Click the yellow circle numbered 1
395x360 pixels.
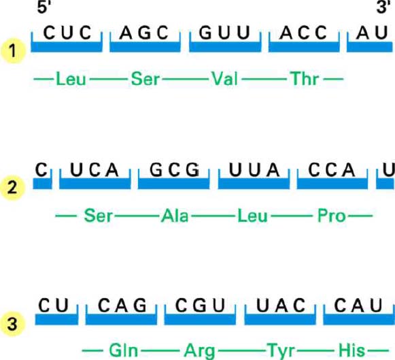[x=13, y=51]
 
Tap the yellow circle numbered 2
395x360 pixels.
[x=13, y=188]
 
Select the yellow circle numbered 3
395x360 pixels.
[x=13, y=324]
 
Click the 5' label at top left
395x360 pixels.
[x=44, y=7]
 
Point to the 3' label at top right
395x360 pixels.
[x=383, y=7]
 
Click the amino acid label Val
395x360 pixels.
[x=225, y=79]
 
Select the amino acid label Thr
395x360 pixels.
[x=305, y=79]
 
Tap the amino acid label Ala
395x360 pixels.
[x=175, y=216]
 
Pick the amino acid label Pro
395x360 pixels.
[x=332, y=216]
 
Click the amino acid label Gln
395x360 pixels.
[x=124, y=350]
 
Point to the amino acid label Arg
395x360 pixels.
[x=199, y=351]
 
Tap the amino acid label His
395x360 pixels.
[x=352, y=350]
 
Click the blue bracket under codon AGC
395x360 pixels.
[x=145, y=46]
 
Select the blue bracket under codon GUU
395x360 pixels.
[x=225, y=46]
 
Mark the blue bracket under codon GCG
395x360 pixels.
[x=173, y=183]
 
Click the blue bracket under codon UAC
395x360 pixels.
[x=280, y=319]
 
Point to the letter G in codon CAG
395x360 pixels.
[x=140, y=306]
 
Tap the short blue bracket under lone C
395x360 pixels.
[x=42, y=184]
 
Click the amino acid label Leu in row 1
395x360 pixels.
[x=71, y=79]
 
